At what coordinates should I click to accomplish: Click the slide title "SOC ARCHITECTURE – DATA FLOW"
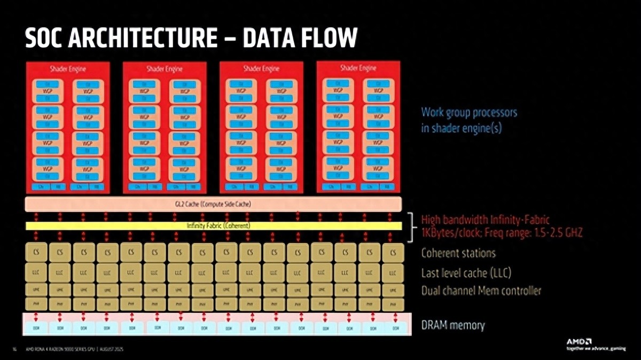point(190,38)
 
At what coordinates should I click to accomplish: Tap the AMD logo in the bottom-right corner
point(579,341)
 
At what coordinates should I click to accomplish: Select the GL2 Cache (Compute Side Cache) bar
point(213,204)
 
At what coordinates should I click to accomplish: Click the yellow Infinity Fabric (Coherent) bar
point(213,226)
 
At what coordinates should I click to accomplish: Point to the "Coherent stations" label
point(458,253)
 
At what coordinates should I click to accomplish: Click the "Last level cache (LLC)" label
point(466,273)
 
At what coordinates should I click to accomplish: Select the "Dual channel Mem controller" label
point(481,291)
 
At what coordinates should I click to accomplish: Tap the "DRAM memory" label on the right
point(452,325)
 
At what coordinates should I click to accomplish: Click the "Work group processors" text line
point(469,113)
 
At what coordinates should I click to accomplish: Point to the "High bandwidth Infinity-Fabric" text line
point(485,220)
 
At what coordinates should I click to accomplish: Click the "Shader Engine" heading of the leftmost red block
point(68,69)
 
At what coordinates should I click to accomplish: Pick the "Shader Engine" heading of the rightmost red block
point(358,68)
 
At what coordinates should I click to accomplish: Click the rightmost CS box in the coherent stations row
point(393,252)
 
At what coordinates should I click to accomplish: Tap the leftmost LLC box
point(36,272)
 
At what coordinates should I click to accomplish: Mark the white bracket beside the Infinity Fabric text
point(411,226)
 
